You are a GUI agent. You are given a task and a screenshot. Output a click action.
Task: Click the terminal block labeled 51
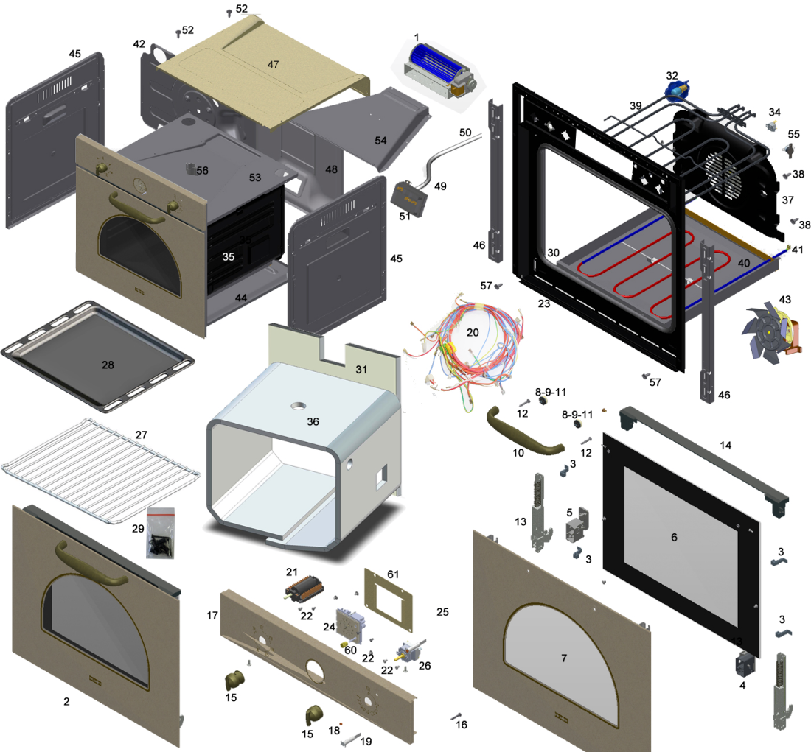tap(410, 197)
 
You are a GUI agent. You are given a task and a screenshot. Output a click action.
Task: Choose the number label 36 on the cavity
tap(313, 422)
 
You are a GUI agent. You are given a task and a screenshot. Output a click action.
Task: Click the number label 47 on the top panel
tap(274, 65)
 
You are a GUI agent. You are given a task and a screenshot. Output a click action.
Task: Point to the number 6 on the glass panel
tap(673, 538)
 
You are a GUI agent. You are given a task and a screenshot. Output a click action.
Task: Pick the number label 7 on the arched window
tap(564, 658)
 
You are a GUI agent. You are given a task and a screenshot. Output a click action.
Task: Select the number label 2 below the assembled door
tap(66, 702)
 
